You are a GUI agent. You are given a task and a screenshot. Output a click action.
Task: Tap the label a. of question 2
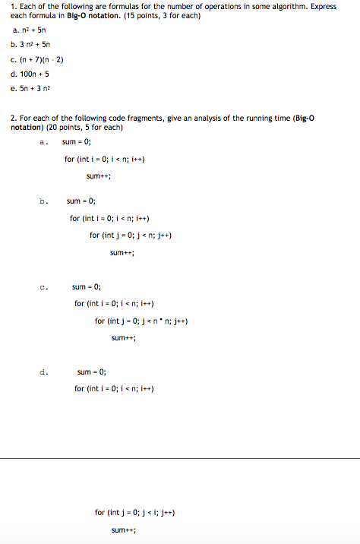pos(43,142)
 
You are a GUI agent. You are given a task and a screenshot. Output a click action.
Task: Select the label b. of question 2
pos(43,201)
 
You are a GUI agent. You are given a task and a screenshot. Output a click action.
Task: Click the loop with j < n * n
pos(141,321)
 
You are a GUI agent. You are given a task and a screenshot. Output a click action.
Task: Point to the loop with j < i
pos(137,512)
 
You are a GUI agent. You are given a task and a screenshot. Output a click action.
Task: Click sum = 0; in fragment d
pos(92,372)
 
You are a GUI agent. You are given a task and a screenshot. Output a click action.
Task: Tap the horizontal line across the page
pos(180,458)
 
